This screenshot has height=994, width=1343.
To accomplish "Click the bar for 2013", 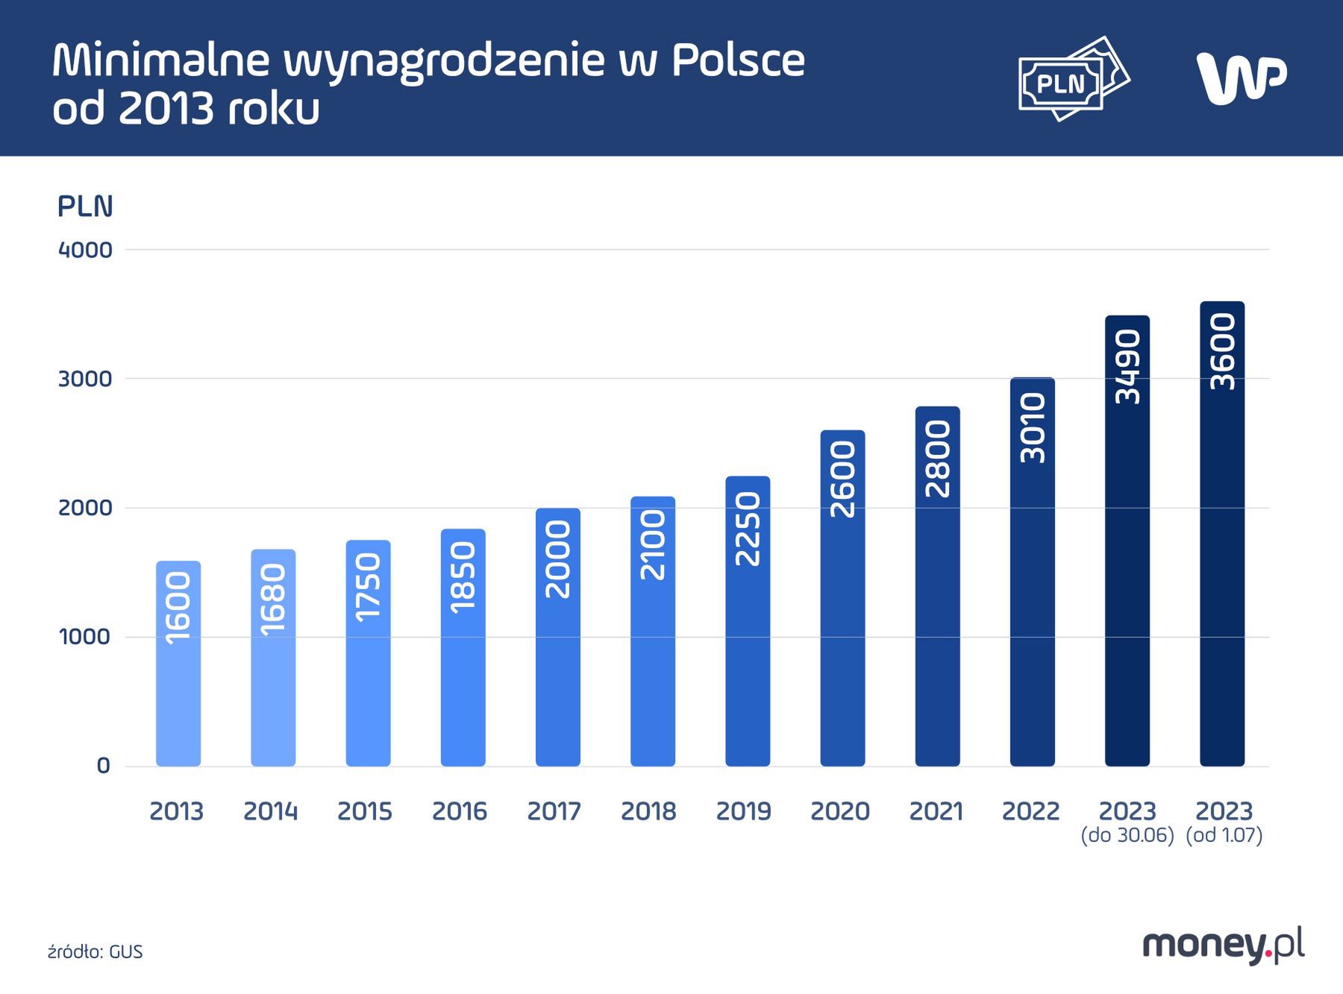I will point(178,664).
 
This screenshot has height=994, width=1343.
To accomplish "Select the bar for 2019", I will point(748,621).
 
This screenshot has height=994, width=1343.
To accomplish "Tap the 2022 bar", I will point(1032,572).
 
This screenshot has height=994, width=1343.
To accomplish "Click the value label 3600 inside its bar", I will point(1222,351).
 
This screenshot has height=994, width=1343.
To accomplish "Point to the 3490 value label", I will point(1127,367).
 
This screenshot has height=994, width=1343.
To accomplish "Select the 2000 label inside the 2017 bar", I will point(558,559).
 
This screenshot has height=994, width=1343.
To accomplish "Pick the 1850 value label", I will point(463,578).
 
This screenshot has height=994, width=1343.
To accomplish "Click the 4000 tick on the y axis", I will point(85,250).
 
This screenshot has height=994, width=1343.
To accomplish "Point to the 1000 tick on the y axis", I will point(85,637).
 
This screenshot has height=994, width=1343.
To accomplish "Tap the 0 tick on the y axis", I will point(103,766).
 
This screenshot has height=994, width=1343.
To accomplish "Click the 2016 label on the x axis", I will point(460,811).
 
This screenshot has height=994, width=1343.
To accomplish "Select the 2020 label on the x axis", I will point(840,811).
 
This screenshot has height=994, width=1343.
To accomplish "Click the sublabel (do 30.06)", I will point(1127,836).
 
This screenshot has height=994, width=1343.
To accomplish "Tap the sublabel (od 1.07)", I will point(1224,836).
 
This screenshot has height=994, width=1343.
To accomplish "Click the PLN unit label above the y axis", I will point(85,207).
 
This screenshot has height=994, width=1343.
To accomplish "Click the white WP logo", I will point(1241,78).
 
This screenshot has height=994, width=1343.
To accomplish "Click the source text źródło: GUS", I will point(95,952).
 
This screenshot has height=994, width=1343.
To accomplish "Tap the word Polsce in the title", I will point(738,60).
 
